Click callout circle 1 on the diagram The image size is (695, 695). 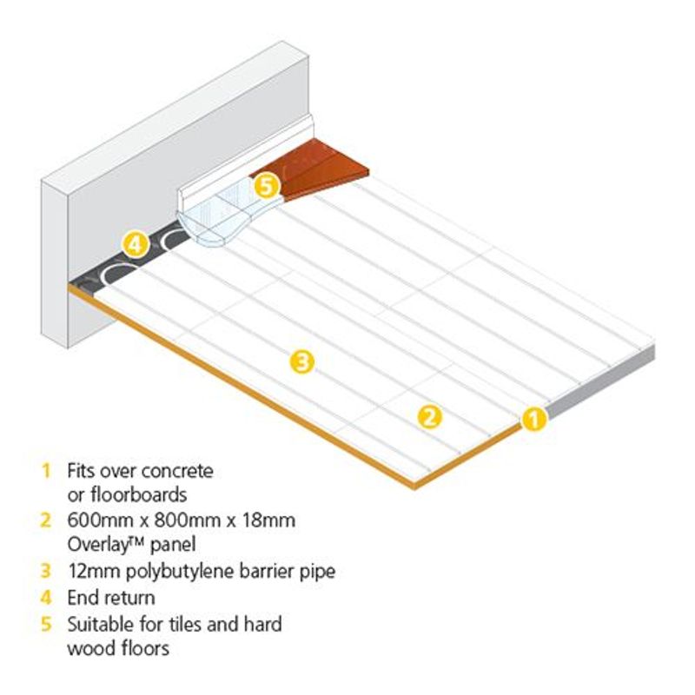pos(533,420)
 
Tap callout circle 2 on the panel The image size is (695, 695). pos(429,417)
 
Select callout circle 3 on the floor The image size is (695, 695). pos(301,362)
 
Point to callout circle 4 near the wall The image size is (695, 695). pos(135,244)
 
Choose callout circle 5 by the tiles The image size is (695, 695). pos(268,184)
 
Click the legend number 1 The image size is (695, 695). pos(45,472)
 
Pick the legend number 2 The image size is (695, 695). pos(45,521)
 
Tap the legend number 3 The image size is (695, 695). pos(45,572)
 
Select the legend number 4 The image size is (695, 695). pos(45,598)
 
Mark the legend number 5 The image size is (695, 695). pos(45,624)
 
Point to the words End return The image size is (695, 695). pos(111,598)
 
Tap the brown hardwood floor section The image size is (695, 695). pos(326,169)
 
